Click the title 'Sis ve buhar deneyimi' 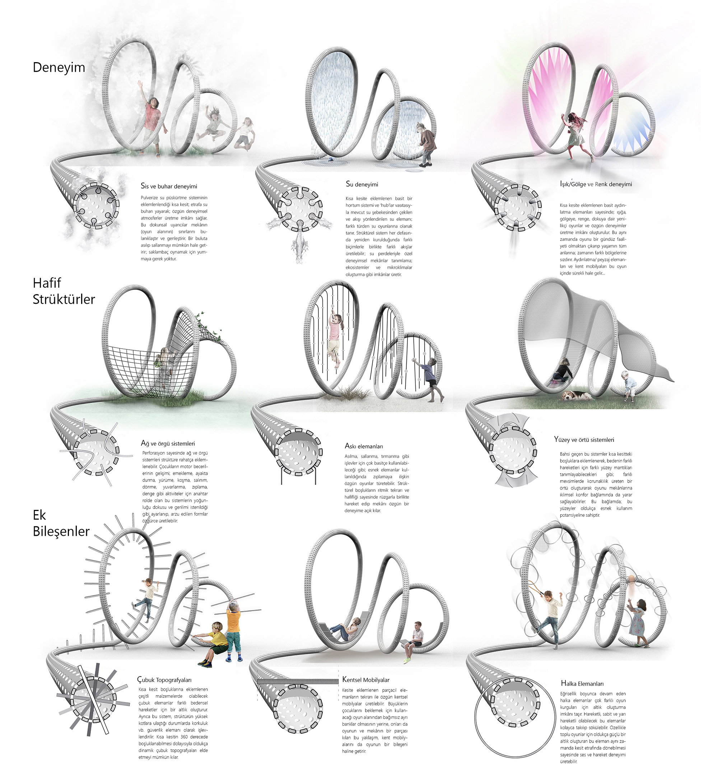point(169,186)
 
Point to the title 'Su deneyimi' point(362,184)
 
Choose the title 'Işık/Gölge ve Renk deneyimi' point(596,184)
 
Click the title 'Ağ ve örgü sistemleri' point(168,443)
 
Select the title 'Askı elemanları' point(364,446)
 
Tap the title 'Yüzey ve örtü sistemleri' point(584,440)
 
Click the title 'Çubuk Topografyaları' point(164,680)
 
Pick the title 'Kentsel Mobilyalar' point(365,680)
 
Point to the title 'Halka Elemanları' point(582,683)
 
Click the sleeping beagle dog point(577,396)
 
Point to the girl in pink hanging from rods point(335,338)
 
